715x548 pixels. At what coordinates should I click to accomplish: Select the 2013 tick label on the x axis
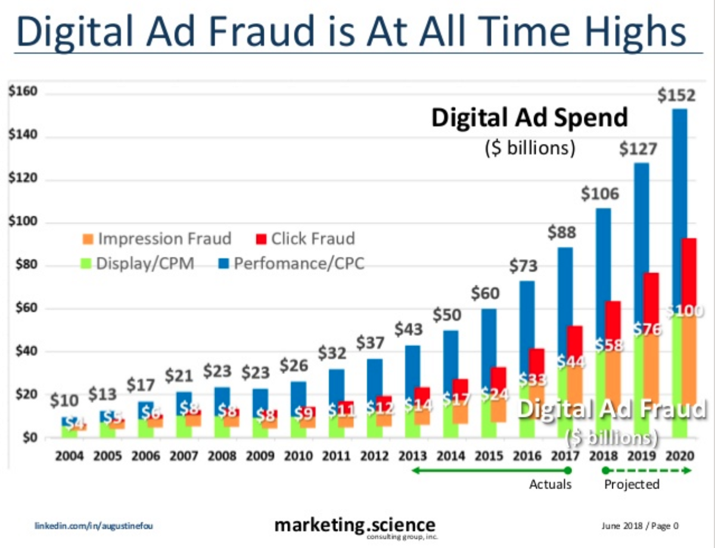pyautogui.click(x=412, y=457)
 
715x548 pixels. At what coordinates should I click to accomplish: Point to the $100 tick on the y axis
pyautogui.click(x=23, y=223)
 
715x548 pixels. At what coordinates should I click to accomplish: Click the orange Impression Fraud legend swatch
pyautogui.click(x=88, y=239)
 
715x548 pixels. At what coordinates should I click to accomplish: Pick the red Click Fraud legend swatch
pyautogui.click(x=260, y=239)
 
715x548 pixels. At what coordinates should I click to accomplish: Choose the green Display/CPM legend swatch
pyautogui.click(x=88, y=263)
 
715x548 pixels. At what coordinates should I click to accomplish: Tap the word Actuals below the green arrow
pyautogui.click(x=550, y=484)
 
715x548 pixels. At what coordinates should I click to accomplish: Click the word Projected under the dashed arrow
pyautogui.click(x=632, y=484)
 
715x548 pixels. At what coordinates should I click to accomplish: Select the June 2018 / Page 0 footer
pyautogui.click(x=641, y=526)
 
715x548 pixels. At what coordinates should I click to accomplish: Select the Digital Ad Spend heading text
pyautogui.click(x=529, y=118)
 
